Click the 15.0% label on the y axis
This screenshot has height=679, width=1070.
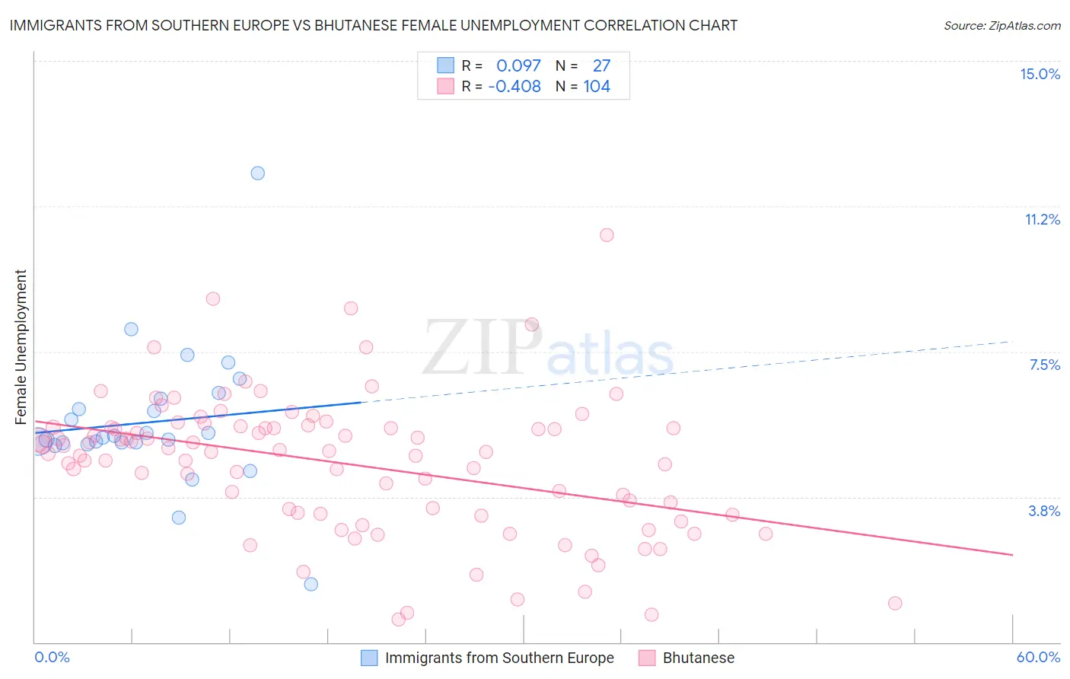[1040, 74]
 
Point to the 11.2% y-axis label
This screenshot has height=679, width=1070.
[1042, 219]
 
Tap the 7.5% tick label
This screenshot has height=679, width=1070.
[1044, 365]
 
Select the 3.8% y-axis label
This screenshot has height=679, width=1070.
[1044, 511]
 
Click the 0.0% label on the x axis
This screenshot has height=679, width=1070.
[52, 657]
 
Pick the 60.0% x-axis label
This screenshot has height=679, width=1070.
[1037, 657]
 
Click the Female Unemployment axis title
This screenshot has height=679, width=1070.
[21, 346]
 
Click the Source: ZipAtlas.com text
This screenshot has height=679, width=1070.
[1002, 25]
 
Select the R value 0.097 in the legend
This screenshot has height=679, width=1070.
[518, 65]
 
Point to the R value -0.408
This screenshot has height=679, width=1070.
[514, 86]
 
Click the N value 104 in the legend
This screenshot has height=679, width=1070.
[597, 86]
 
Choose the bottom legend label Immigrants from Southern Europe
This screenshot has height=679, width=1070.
[499, 658]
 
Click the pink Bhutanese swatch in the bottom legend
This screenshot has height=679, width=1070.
[647, 658]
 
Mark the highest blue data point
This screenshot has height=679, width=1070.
[258, 173]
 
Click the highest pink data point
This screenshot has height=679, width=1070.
[607, 234]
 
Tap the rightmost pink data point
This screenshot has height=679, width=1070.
[895, 603]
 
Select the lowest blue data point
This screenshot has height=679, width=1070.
[310, 584]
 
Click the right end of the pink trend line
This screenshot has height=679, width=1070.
[1012, 555]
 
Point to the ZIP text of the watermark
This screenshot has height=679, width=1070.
[482, 348]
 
